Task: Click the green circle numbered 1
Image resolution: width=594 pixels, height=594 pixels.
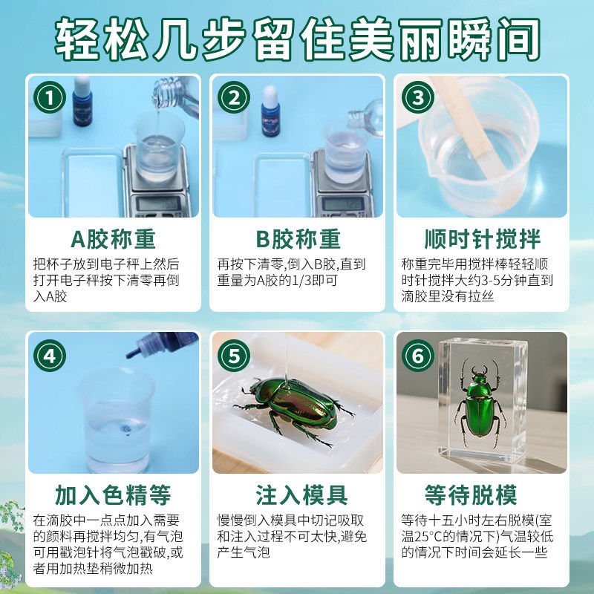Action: [x=49, y=98]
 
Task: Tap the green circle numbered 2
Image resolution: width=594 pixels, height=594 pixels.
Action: [x=233, y=98]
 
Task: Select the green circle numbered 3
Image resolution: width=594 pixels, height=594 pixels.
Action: [x=417, y=98]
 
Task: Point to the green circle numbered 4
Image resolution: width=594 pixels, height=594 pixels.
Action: [x=49, y=355]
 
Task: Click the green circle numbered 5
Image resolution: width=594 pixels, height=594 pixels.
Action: [x=233, y=355]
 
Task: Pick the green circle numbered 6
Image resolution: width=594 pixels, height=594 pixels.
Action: [x=417, y=355]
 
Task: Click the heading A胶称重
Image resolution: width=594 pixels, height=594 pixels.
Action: [x=113, y=239]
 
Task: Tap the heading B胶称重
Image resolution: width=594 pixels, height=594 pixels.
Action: [x=297, y=239]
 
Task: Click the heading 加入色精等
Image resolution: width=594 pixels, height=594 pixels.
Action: [x=113, y=495]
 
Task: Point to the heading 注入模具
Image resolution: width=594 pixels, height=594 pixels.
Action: [x=297, y=495]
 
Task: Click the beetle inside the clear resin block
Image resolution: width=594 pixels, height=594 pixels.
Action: [x=479, y=405]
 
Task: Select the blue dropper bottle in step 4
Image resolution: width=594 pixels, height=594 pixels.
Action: [x=165, y=345]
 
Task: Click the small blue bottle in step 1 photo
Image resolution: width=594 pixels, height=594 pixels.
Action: [x=82, y=104]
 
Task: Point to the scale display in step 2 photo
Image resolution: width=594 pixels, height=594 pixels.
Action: [x=343, y=203]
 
